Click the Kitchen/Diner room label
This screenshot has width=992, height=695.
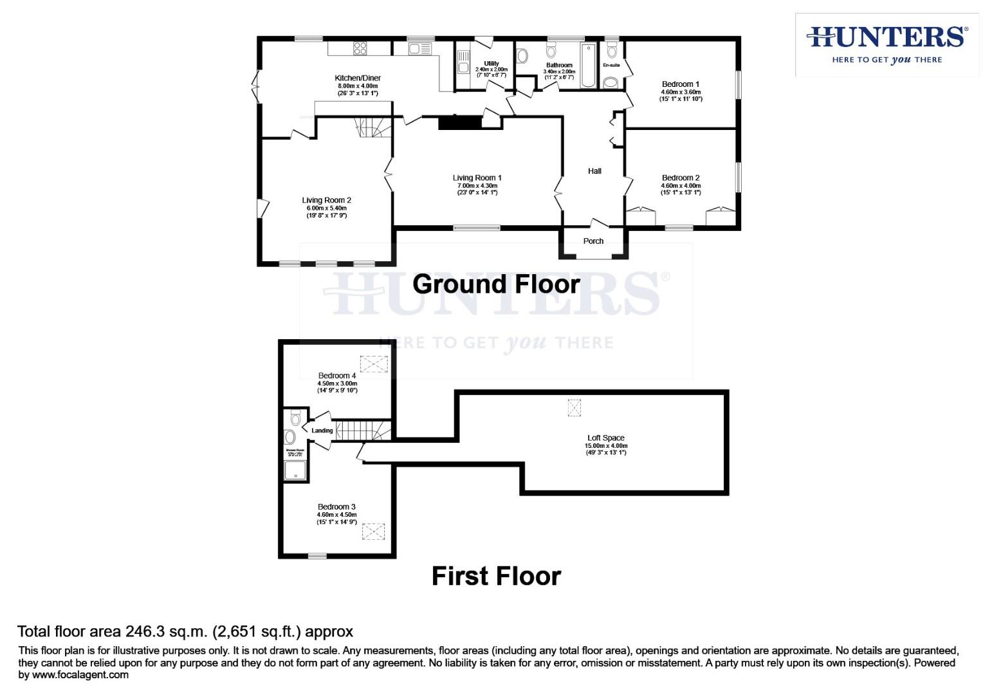coord(358,78)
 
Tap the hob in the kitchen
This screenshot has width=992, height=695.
coord(359,48)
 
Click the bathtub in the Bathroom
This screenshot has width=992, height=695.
coord(589,65)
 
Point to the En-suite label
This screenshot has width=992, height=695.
coord(611,65)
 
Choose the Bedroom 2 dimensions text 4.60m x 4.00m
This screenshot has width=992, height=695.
coord(681,185)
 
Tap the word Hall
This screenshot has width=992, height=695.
coord(594,171)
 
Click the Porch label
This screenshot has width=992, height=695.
coord(593,241)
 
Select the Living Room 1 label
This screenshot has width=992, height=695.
coord(477,178)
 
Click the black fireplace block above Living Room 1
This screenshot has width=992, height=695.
coord(460,122)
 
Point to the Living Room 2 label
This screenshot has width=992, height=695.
coord(326,200)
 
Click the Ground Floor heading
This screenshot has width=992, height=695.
coord(496,284)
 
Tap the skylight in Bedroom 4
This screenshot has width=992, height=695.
coord(371,365)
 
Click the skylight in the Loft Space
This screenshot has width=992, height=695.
coord(574,407)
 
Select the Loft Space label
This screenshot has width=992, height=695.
coord(605,438)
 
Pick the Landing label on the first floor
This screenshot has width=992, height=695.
coord(322,431)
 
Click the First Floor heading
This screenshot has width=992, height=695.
coord(496,576)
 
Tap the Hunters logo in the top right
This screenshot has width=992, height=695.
coord(886,44)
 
